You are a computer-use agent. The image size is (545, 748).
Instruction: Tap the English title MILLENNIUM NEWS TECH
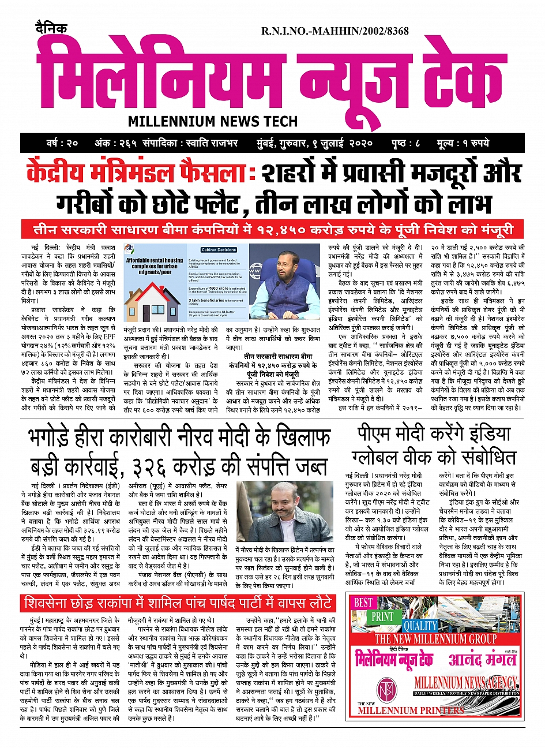(213, 121)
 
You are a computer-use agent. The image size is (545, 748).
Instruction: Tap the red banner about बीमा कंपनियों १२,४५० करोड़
(273, 230)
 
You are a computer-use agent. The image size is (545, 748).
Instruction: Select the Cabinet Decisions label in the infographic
(219, 250)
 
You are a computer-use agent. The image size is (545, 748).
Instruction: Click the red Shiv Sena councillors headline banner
(178, 604)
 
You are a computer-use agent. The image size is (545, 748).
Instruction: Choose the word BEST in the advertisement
(363, 603)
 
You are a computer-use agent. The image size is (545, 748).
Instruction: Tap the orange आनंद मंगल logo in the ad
(481, 659)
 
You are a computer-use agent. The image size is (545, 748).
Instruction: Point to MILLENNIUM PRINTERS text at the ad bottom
(411, 710)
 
